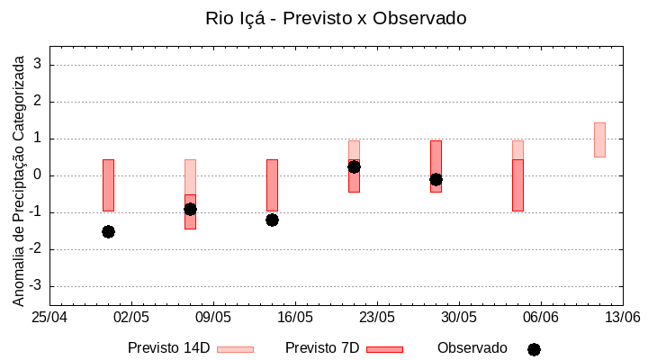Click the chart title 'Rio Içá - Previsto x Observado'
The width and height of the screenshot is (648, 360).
pos(336,18)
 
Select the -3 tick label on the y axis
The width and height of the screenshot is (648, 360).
pos(37,286)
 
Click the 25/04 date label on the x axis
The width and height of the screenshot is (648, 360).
pos(49,318)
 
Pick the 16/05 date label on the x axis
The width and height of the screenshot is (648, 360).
pos(295,318)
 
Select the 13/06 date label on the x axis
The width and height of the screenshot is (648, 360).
pos(622,318)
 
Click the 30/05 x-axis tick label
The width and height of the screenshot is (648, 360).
pos(459,318)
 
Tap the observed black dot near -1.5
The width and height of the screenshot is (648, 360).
pos(108,231)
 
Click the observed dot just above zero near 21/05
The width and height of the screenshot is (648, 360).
pos(354,166)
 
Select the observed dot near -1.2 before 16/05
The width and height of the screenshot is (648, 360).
pos(272,220)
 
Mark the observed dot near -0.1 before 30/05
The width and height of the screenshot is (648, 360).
pos(436,179)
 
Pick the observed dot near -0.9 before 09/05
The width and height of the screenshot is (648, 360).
pos(190,209)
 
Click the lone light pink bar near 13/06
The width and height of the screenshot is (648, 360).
pos(599,139)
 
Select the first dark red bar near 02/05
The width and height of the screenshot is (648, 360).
pos(108,184)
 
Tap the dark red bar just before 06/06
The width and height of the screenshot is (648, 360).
pos(517,184)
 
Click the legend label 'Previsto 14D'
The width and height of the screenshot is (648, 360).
pos(168,348)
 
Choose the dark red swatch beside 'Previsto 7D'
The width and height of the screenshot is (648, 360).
pos(384,349)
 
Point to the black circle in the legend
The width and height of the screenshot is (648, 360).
pos(534,349)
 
